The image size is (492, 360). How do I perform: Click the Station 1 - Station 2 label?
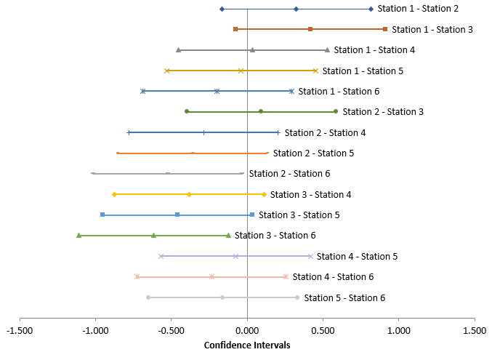418,9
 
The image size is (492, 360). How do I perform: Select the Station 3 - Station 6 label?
275,236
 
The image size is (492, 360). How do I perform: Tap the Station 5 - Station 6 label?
344,297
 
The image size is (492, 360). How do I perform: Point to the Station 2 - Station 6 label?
289,174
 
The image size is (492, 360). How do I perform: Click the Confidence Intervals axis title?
247,345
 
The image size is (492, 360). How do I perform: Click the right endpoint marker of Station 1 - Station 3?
384,29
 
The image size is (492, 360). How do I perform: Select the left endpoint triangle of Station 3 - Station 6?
78,235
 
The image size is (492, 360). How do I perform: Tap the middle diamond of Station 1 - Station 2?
296,9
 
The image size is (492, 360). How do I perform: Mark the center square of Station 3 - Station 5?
177,215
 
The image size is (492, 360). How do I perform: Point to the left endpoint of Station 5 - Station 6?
148,297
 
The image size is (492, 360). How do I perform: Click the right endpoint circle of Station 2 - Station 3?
335,111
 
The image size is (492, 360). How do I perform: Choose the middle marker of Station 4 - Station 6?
211,276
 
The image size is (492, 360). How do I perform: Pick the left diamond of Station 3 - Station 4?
114,194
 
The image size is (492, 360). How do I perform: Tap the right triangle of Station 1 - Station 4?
327,49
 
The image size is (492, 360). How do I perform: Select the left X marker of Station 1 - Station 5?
167,71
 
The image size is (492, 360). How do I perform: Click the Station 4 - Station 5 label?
357,256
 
